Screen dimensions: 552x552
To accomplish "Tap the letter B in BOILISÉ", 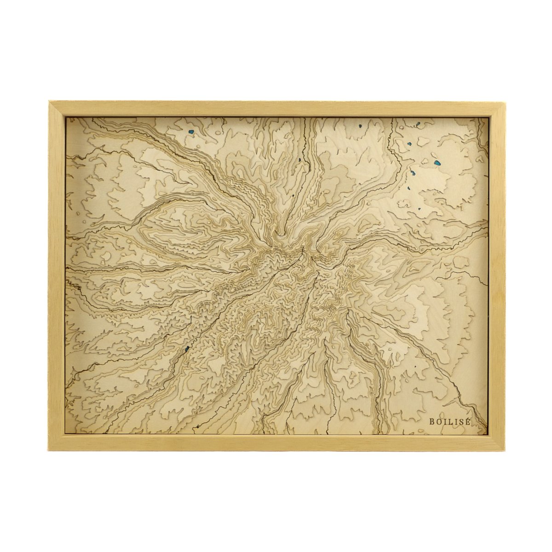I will tap(432, 421).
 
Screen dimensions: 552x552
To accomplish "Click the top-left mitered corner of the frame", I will tap(56, 109).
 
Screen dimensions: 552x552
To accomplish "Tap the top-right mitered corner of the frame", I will tap(497, 109).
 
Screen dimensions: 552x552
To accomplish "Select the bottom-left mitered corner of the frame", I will tap(56, 442).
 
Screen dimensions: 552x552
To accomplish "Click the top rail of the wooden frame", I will tap(276, 109).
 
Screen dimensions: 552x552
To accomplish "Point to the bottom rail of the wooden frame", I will tap(276, 442).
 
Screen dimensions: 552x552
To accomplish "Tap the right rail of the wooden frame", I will tap(496, 276).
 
